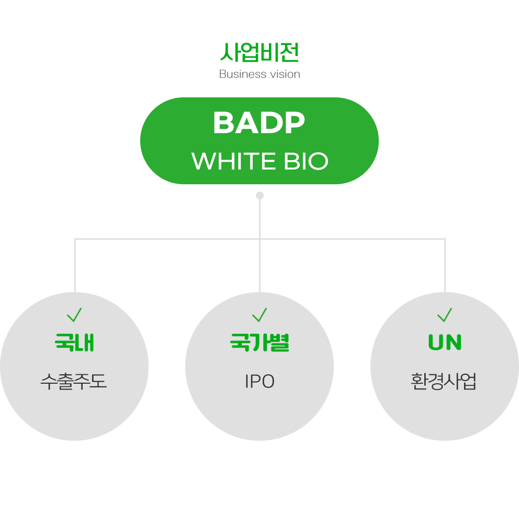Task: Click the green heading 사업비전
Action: [259, 52]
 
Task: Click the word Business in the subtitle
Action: [243, 74]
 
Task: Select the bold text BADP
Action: [259, 122]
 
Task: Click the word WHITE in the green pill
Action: [233, 161]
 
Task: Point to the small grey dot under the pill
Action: [260, 195]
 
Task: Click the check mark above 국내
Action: [74, 315]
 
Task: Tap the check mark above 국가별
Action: [259, 315]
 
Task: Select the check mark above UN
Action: [445, 315]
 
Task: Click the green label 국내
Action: [74, 342]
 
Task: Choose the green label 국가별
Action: [260, 342]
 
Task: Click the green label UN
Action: [445, 342]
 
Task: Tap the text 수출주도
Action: [73, 382]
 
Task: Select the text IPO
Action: [260, 382]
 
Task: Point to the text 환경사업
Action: [444, 382]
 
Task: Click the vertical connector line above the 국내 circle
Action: [75, 265]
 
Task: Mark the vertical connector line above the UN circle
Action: [445, 265]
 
